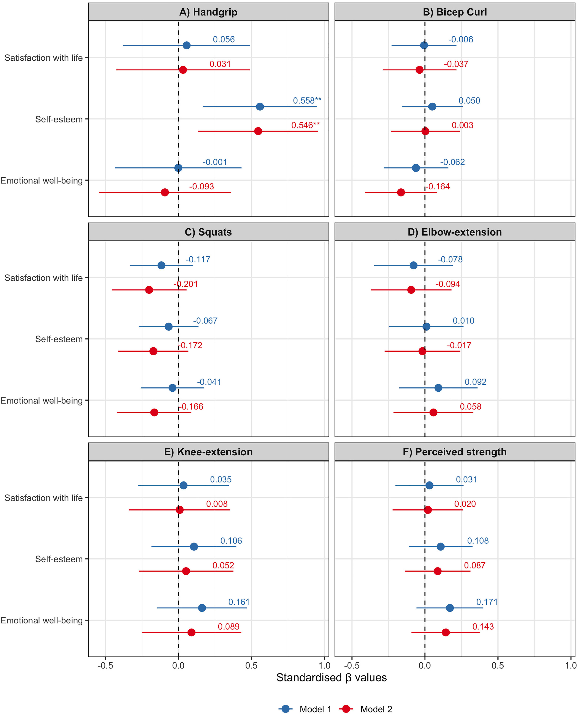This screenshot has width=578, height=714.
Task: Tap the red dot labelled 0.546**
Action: pos(258,131)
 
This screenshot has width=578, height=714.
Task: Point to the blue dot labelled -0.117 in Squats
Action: pos(161,265)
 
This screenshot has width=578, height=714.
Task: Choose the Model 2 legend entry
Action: pos(376,709)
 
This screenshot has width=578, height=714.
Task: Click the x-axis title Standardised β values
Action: pos(331,677)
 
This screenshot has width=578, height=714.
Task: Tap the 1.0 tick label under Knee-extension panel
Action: pos(324,665)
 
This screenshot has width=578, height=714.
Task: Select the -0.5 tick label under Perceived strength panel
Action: pos(352,665)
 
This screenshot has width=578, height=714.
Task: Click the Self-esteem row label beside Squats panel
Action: pos(59,339)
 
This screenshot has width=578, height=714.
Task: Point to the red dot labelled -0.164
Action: pos(401,192)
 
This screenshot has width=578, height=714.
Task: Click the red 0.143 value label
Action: pos(483,626)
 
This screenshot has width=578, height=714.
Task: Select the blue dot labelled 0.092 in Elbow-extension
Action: pos(438,388)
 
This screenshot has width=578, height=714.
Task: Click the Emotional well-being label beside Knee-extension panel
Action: pos(42,620)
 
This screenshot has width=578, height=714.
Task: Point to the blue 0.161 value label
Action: pos(239,602)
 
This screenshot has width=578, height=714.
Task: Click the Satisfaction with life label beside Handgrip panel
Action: pos(44,58)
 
